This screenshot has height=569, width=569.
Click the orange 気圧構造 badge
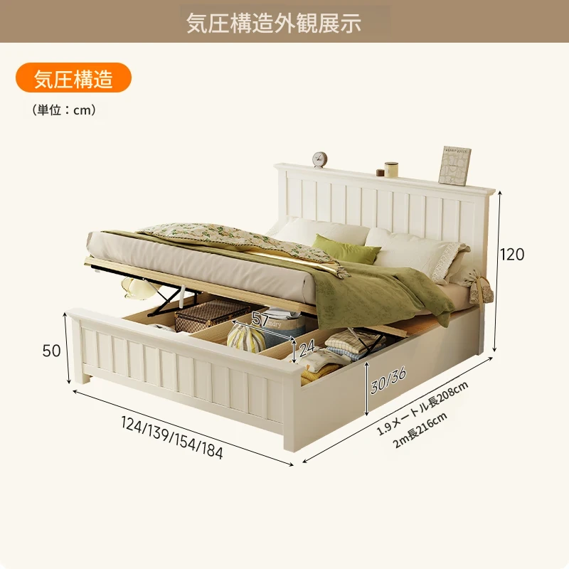pos(73,78)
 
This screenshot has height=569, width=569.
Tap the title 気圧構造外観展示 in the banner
pos(274,23)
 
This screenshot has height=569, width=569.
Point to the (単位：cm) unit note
pos(64,110)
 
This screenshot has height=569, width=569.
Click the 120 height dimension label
pos(512,255)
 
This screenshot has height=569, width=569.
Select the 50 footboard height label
pos(51,351)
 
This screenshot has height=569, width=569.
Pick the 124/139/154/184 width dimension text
pos(172,437)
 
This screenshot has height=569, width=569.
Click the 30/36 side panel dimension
pos(388,380)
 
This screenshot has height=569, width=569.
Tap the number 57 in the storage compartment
pos(260,319)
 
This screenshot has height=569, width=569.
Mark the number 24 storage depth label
pos(307,348)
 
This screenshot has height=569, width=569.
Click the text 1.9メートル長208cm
pos(422,408)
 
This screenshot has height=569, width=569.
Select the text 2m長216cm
pos(420,430)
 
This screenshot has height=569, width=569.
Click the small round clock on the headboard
pos(319,159)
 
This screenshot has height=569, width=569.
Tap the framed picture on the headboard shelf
pos(454,165)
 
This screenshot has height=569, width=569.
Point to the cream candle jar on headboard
pos(391,169)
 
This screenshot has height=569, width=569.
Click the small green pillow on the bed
pos(346,248)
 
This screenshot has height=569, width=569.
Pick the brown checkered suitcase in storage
pos(212,314)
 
